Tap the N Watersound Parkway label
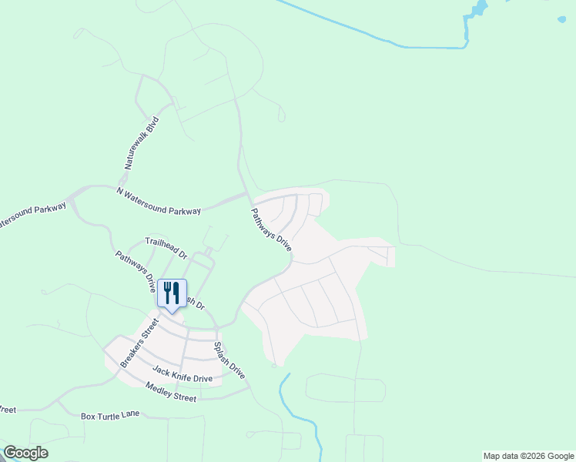[x=159, y=200]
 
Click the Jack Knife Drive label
[x=182, y=374]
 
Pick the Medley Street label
[x=170, y=392]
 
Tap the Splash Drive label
[x=229, y=360]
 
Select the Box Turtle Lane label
[x=110, y=415]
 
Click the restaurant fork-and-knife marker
[x=172, y=293]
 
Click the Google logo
[x=25, y=453]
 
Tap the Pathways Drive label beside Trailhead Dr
[x=136, y=271]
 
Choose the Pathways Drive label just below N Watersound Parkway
[x=271, y=229]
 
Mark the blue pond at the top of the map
[x=477, y=10]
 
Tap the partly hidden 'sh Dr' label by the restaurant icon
[x=196, y=303]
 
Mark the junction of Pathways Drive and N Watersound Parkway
[x=248, y=197]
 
